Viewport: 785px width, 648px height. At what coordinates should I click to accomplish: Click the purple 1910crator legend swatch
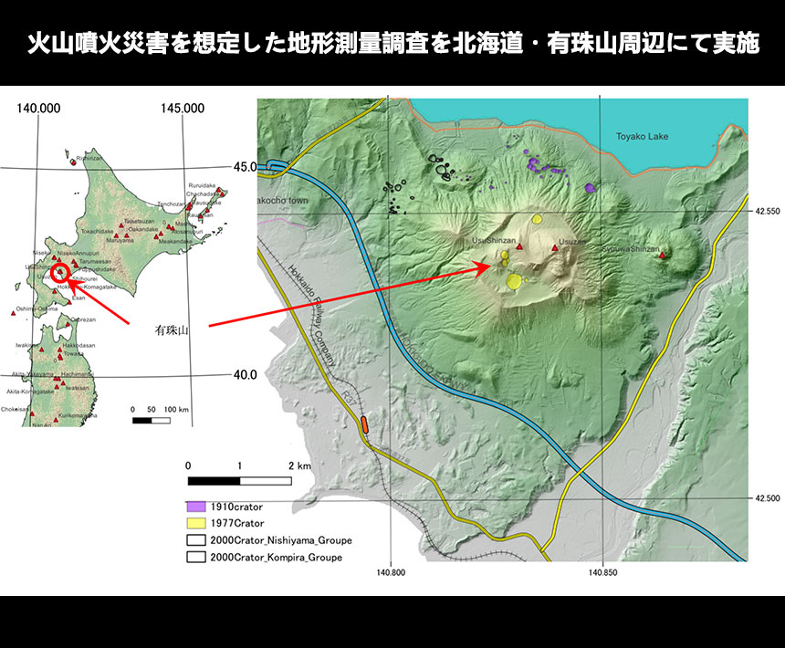[x=196, y=507]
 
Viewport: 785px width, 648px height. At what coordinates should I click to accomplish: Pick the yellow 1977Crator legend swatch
[x=196, y=523]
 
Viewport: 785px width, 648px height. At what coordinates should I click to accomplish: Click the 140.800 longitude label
[x=390, y=573]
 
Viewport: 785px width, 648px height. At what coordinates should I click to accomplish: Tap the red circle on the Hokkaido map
[x=60, y=272]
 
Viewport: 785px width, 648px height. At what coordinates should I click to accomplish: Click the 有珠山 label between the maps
[x=171, y=332]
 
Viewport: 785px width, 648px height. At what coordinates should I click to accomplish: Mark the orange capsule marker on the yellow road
[x=364, y=423]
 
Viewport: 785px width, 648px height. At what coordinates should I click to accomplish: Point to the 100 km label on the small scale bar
[x=176, y=410]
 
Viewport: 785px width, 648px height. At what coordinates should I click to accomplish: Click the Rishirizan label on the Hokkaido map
[x=89, y=158]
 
